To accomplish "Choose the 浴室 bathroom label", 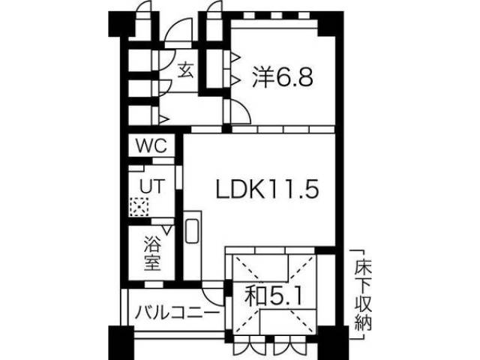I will pyautogui.click(x=152, y=254).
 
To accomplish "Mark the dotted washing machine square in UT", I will pyautogui.click(x=138, y=204).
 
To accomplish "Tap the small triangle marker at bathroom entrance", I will pyautogui.click(x=166, y=229).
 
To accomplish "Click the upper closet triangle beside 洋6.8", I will pyautogui.click(x=235, y=58).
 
